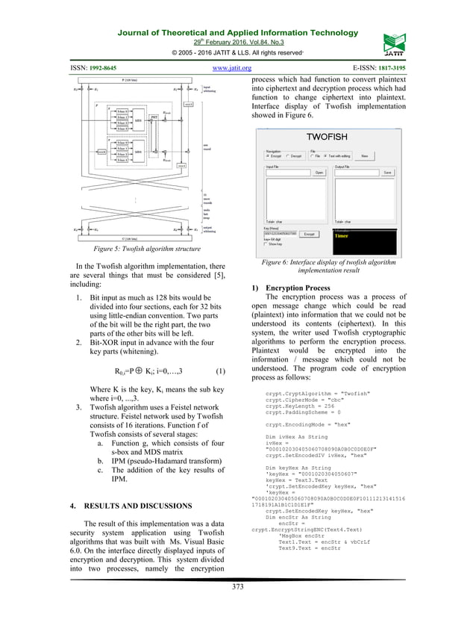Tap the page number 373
238,587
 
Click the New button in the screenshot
365,155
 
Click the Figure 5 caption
131,249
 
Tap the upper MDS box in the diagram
137,118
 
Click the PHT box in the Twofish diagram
154,117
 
